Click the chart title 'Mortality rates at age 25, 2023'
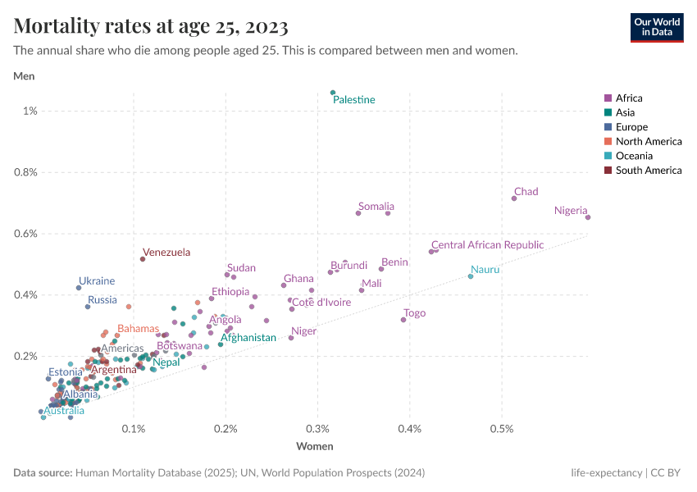pos(151,27)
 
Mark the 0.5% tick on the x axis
pos(502,429)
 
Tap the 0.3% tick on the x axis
pos(317,429)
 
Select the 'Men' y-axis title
pos(24,76)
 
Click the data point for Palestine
pos(333,93)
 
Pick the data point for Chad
pos(514,198)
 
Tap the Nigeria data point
pos(588,217)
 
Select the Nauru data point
pos(471,276)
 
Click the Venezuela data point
pos(143,259)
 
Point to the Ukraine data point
pos(79,288)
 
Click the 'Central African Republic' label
pos(487,245)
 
